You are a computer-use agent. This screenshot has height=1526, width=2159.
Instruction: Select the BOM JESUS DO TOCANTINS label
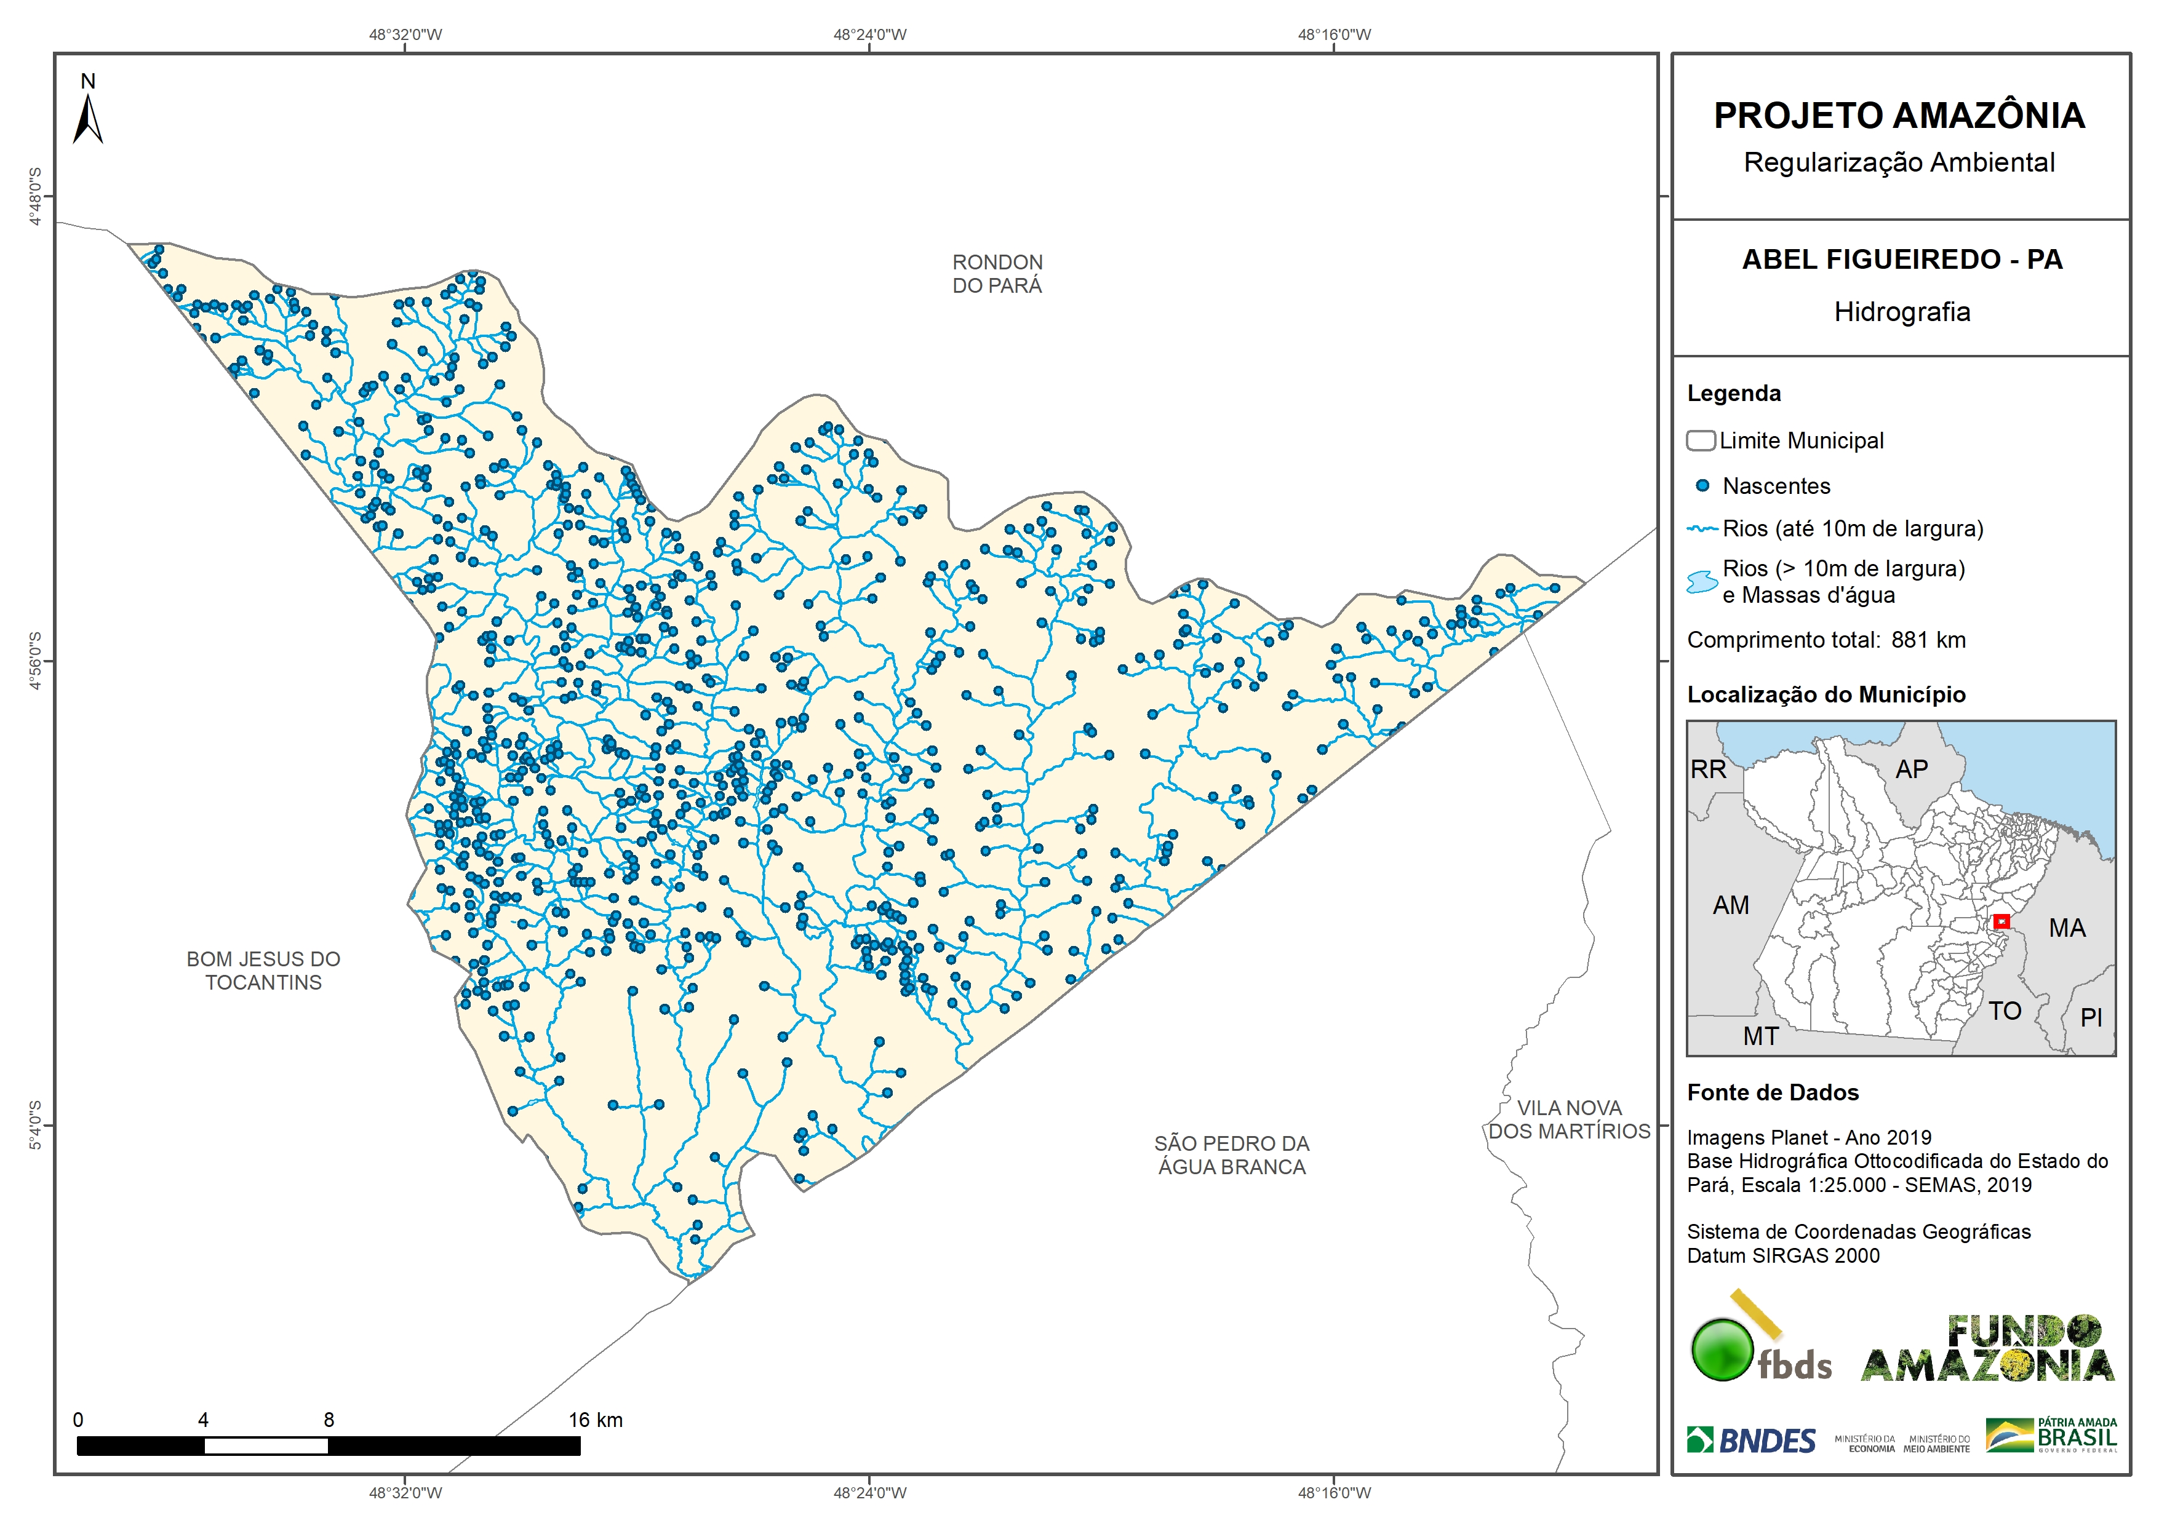coord(263,971)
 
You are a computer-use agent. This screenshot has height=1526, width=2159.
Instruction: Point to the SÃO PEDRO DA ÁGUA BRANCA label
coord(1231,1154)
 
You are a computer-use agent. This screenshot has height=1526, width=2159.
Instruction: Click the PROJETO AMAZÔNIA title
coord(1899,116)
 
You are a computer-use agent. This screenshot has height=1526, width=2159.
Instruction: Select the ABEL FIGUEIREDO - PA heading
coord(1901,260)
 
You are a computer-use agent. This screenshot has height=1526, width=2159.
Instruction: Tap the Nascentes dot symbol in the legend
coord(1702,486)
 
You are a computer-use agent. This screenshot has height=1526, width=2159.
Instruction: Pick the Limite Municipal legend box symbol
coord(1700,440)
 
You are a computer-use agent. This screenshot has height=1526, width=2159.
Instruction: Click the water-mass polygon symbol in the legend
coord(1702,582)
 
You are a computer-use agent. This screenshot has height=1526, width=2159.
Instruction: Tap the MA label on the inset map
coord(2067,928)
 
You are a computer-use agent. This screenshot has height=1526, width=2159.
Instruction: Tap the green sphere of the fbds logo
coord(1722,1350)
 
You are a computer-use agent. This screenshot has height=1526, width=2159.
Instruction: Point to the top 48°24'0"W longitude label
coord(870,35)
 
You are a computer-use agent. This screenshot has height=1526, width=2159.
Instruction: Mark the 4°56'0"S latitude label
coord(36,661)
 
